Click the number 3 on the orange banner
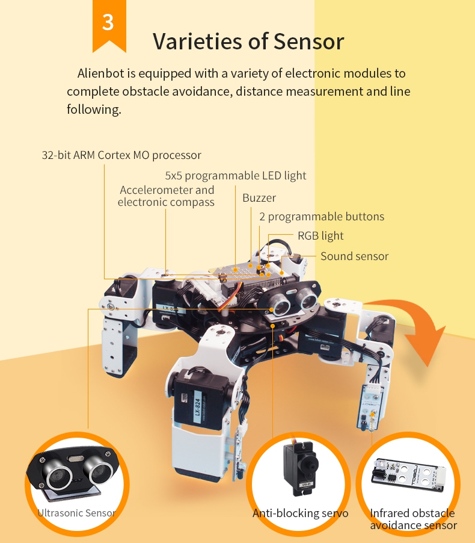pos(108,22)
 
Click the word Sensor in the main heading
pos(308,42)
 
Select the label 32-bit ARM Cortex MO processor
pos(121,155)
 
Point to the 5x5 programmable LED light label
pos(236,176)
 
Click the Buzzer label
pos(259,197)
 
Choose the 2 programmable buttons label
pos(322,217)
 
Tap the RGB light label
pos(320,236)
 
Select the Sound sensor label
pos(354,256)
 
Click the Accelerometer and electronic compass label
pos(167,196)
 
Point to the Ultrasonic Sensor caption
pos(76,513)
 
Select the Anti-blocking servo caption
pos(300,513)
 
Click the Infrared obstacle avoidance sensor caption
pos(413,519)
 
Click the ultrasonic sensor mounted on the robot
pos(290,300)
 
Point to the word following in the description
pos(94,110)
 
